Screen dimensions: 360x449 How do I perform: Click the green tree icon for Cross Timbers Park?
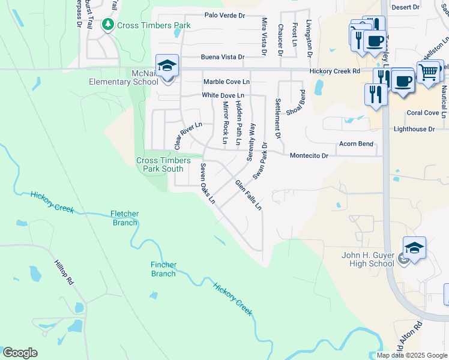coord(108,25)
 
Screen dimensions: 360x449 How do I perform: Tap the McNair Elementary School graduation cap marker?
coord(167,67)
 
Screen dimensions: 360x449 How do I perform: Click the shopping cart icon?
coord(428,73)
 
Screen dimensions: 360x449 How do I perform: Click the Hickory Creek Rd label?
coord(334,71)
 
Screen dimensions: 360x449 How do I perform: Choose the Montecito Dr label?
coord(309,155)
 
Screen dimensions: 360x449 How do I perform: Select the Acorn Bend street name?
coord(356,144)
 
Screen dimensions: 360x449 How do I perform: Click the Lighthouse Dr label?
coord(414,129)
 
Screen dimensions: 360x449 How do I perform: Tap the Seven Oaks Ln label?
coord(208,184)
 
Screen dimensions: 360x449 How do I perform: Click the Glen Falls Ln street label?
coord(249,195)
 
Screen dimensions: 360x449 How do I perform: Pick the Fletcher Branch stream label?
coord(125,218)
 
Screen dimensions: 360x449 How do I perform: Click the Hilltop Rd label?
coord(63,272)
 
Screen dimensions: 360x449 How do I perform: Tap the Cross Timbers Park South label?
coord(160,164)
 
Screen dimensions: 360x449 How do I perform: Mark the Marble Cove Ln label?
coord(226,82)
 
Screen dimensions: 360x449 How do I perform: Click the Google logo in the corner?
coord(20,353)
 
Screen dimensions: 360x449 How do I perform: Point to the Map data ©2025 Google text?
coord(411,355)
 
